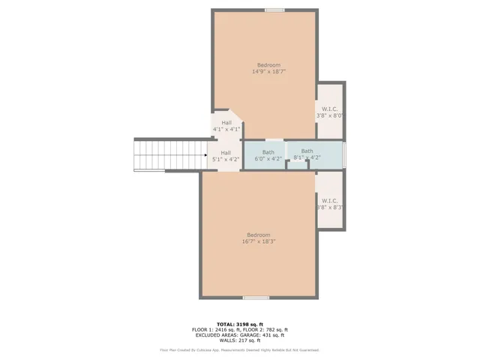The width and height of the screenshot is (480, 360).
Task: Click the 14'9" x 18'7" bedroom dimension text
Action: (268, 72)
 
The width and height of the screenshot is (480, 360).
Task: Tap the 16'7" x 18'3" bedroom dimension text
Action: (259, 241)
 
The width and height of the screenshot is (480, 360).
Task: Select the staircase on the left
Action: (170, 155)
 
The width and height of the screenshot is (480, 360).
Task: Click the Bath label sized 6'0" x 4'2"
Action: (268, 159)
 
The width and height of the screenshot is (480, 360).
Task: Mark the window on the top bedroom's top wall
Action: (274, 10)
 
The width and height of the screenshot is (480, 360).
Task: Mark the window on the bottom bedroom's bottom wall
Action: (256, 298)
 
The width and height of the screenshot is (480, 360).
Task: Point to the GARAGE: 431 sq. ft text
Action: (266, 335)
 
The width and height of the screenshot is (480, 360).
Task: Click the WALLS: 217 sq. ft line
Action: (240, 341)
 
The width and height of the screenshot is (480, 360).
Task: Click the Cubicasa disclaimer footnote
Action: (240, 350)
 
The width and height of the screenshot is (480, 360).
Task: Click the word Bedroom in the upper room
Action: (268, 65)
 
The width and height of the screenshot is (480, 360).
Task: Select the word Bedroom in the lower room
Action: (259, 235)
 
